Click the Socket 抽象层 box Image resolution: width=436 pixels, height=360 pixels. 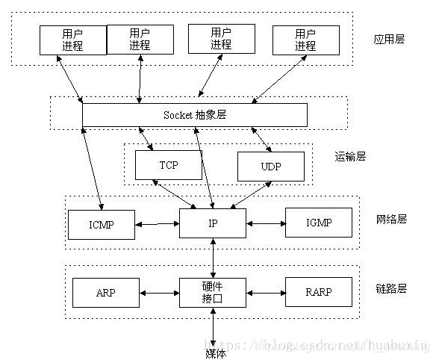tap(194, 115)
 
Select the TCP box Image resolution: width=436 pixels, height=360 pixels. tap(168, 165)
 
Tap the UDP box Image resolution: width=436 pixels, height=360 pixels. tap(270, 166)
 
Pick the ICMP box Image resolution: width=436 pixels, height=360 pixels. tap(101, 223)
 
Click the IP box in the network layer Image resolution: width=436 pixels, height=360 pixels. tap(212, 223)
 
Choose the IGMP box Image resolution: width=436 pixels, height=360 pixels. tap(318, 223)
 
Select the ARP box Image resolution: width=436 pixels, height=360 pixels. tap(106, 291)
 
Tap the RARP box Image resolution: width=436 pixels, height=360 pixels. tap(318, 291)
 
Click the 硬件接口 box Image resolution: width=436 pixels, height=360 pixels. tap(212, 291)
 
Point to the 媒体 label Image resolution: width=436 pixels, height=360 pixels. tap(215, 353)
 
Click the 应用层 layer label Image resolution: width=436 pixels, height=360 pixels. tap(389, 39)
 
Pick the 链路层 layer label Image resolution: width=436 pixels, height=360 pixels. tap(390, 288)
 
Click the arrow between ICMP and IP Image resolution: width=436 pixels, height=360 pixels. tap(157, 223)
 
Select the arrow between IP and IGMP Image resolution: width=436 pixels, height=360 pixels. tap(265, 223)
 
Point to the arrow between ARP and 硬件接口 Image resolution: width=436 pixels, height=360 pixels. tap(159, 291)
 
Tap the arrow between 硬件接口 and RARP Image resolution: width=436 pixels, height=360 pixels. tap(265, 291)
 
